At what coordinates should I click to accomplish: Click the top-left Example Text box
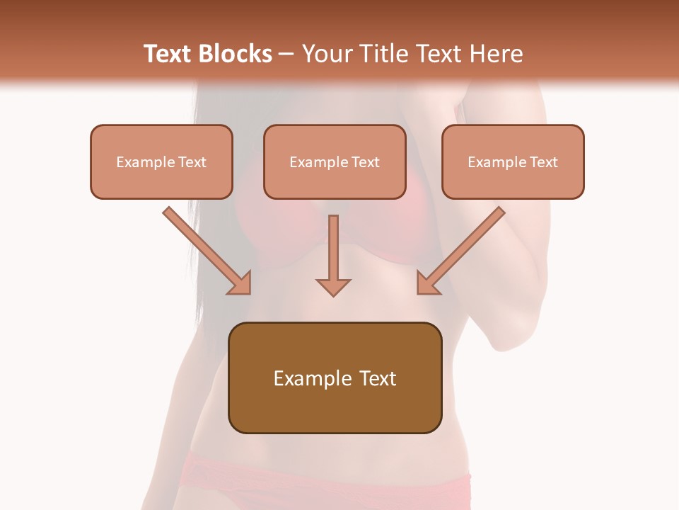click(161, 161)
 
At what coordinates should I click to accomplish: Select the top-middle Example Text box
click(335, 161)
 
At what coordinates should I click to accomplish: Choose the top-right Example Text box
click(513, 161)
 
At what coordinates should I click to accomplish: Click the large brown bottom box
click(335, 378)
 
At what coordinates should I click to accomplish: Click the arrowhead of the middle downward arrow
click(333, 287)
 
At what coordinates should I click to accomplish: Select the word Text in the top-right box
click(543, 162)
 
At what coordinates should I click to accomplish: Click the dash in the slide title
click(286, 54)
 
